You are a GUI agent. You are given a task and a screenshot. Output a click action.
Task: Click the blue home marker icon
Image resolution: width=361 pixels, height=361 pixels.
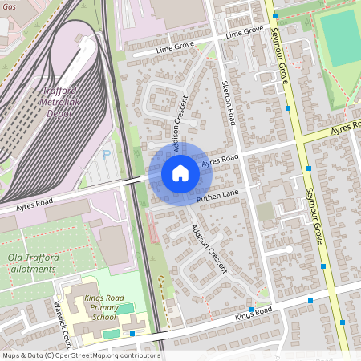(x=180, y=173)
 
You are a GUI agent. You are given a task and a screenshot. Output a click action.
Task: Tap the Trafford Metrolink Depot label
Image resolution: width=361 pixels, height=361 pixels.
(x=67, y=103)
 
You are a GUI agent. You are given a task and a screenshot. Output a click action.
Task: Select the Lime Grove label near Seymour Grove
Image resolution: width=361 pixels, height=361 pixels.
(x=245, y=31)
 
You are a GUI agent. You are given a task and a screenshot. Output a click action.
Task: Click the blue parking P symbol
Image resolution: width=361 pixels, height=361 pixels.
(x=107, y=153)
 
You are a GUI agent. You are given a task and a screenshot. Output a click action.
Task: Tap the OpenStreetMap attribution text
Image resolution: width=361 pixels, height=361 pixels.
(x=80, y=355)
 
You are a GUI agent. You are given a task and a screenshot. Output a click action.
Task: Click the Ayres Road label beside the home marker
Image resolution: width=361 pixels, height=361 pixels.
(x=221, y=161)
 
